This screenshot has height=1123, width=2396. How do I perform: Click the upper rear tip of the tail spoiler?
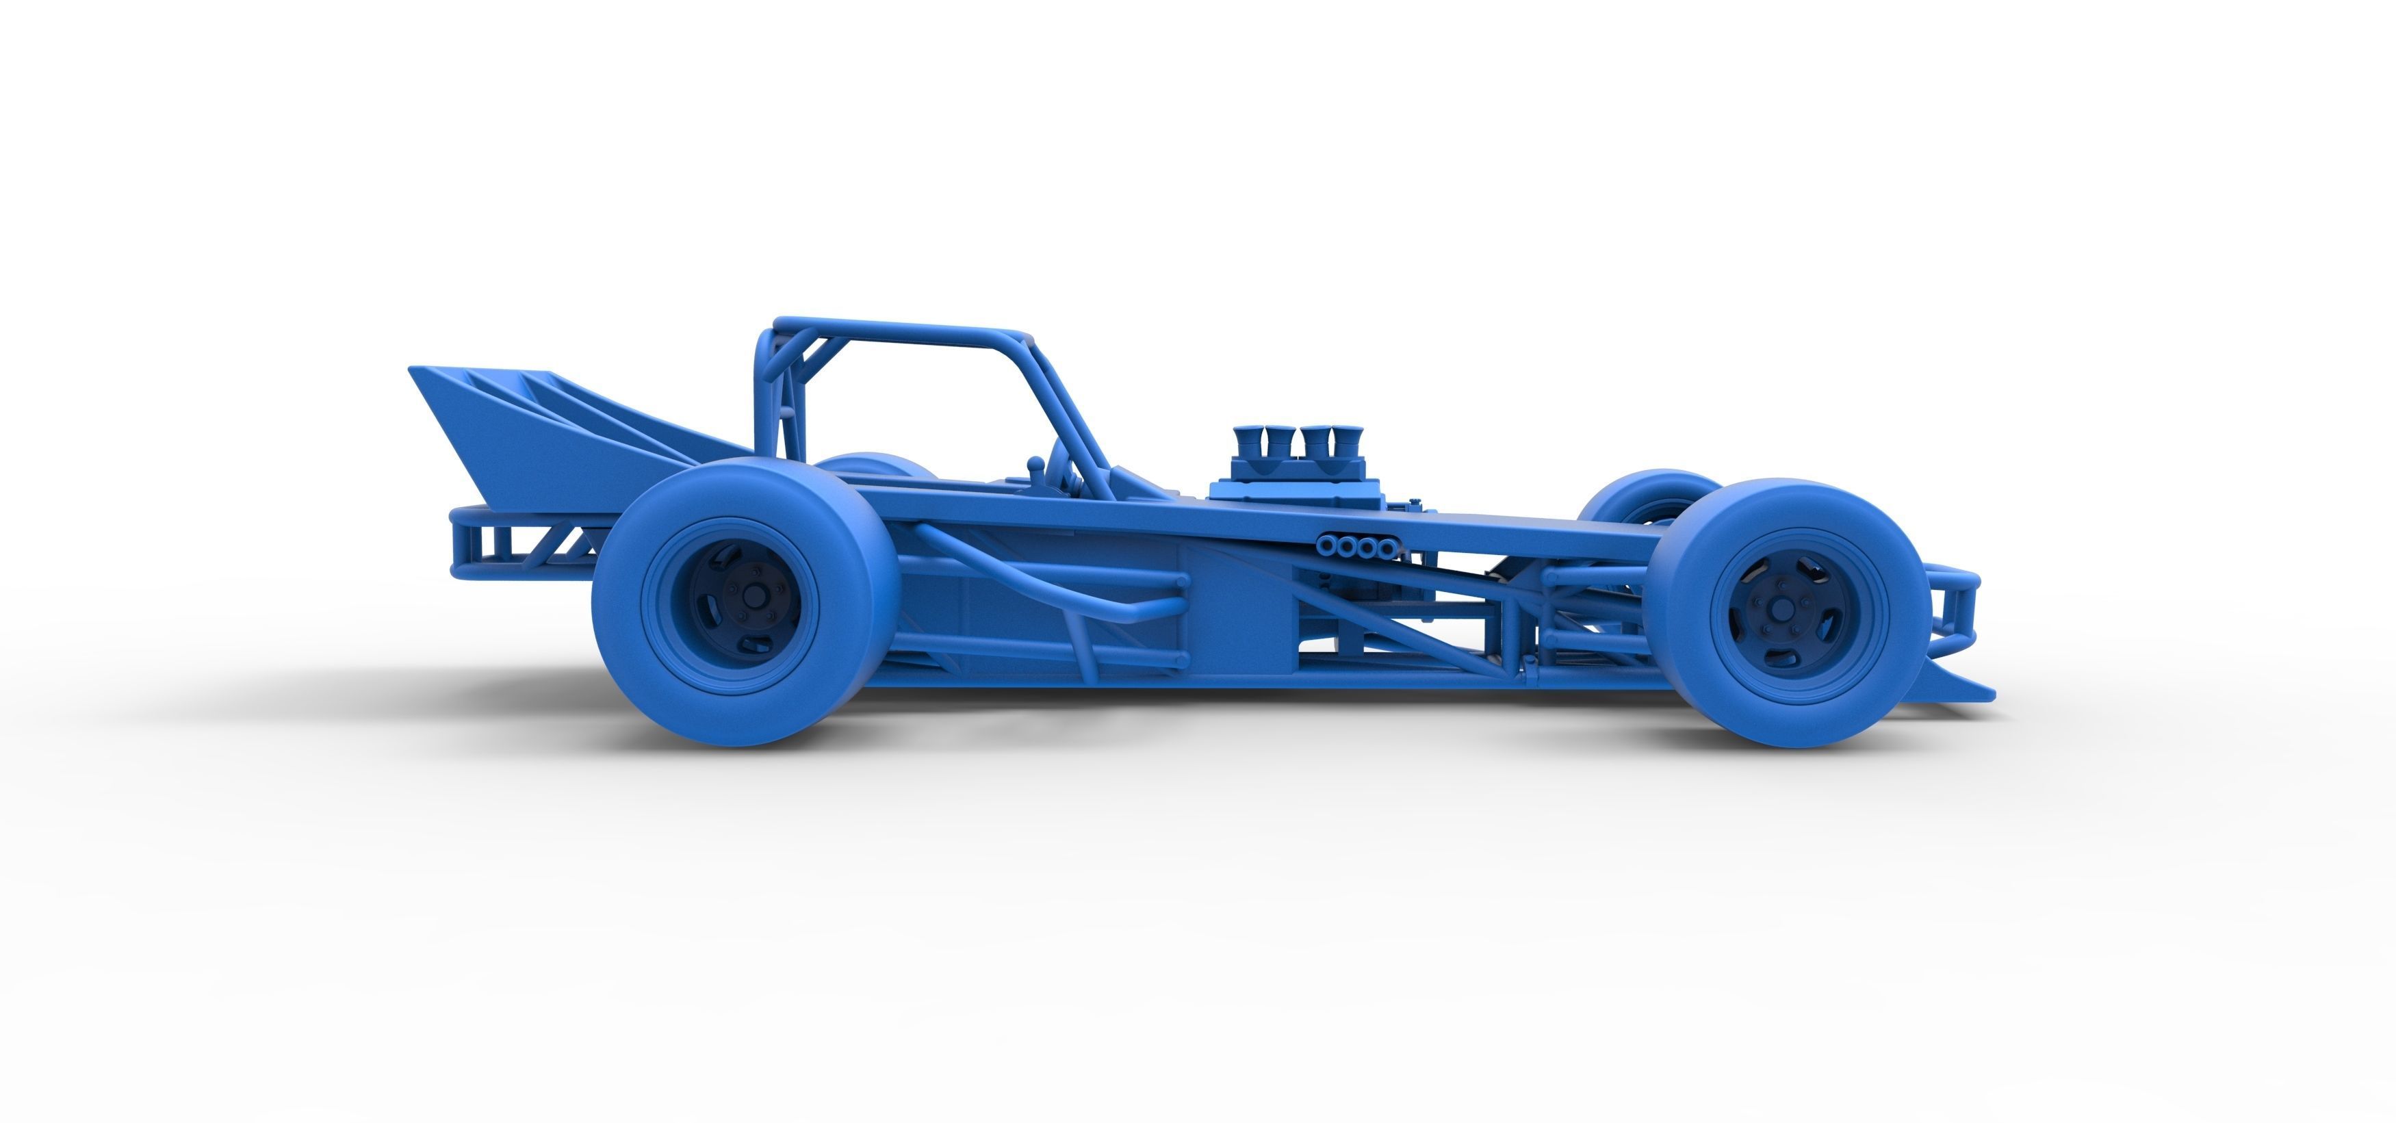click(x=414, y=370)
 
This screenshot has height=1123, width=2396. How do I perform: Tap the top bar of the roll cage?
click(x=902, y=331)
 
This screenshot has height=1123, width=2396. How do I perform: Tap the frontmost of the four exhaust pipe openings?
click(x=1386, y=548)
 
